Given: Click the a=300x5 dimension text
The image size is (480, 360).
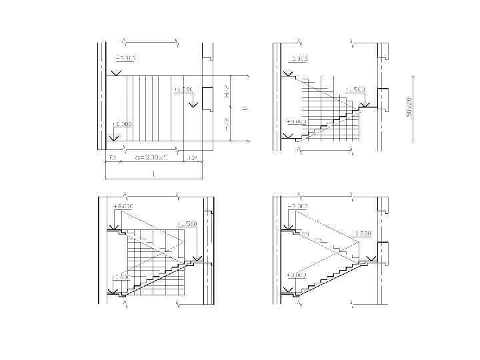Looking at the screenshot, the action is (x=151, y=158).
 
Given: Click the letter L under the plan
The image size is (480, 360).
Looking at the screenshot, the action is (x=154, y=174).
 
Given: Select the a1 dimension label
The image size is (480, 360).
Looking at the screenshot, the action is (x=112, y=158).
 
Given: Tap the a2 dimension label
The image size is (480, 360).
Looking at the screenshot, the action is (x=193, y=158).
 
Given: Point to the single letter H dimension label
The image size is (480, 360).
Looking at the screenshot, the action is (x=245, y=107).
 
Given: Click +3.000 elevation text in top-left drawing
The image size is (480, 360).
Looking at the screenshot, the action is (x=125, y=59).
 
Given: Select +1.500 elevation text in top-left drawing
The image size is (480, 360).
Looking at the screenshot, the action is (x=184, y=89).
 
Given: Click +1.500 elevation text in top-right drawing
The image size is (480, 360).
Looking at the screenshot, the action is (x=355, y=89).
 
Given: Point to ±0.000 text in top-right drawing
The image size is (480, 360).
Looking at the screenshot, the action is (x=296, y=122).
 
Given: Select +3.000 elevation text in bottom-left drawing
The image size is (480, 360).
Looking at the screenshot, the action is (x=123, y=207).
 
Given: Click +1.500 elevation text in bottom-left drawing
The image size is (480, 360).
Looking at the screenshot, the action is (x=187, y=224).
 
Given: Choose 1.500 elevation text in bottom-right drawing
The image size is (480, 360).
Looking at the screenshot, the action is (x=363, y=233).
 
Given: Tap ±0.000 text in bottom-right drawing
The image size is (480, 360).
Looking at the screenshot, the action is (x=296, y=275).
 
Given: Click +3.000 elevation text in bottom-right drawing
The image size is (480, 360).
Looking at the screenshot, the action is (x=297, y=207).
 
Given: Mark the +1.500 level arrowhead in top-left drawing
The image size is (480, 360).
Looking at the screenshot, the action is (x=193, y=105).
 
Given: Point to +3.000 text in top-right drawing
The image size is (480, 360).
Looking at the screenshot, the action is (x=297, y=59).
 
